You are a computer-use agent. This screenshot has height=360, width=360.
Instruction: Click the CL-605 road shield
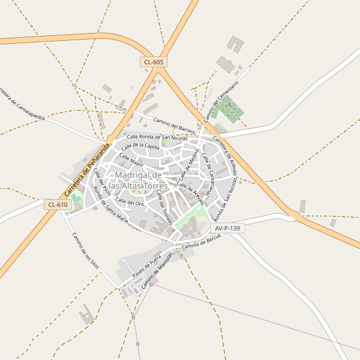click(x=154, y=62)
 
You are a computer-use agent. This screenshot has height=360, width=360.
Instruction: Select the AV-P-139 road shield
click(x=229, y=229)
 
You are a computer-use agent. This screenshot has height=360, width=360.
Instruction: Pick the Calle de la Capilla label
click(x=140, y=146)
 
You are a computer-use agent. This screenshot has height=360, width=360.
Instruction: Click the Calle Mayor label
click(x=131, y=160)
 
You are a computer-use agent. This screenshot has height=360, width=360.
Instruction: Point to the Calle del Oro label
click(x=130, y=202)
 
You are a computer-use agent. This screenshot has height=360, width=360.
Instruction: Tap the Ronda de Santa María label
click(x=110, y=205)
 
